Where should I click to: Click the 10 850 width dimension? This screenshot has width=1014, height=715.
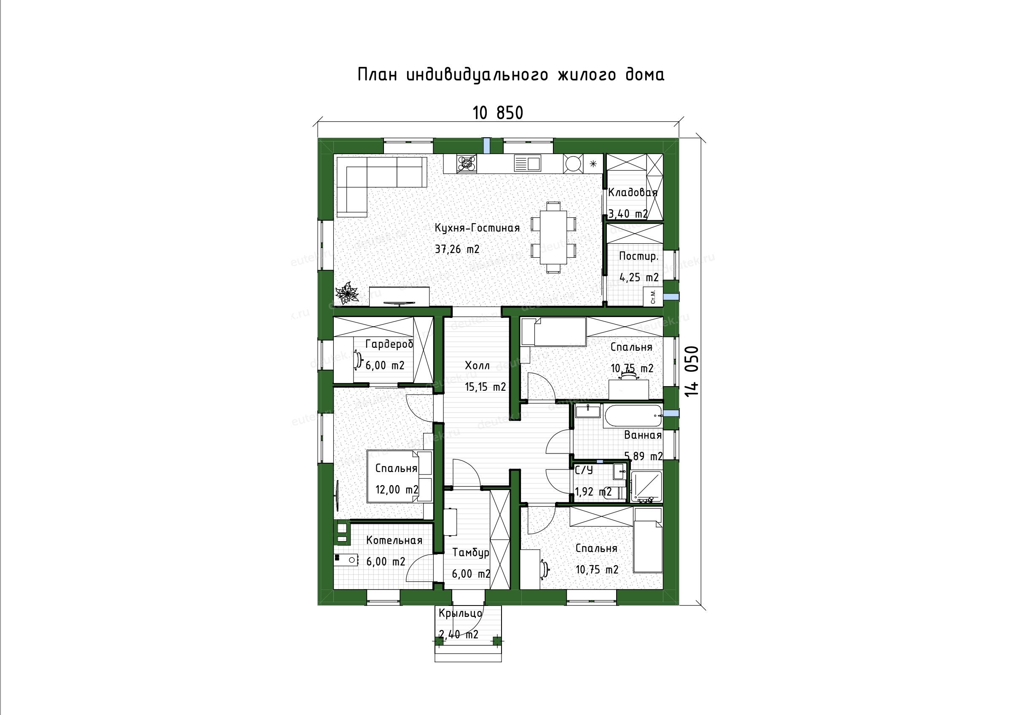point(498,113)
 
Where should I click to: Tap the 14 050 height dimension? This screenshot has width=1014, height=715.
point(692,371)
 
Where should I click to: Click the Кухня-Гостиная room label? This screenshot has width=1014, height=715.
point(477,228)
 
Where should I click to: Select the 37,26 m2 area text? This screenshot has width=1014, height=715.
point(457,249)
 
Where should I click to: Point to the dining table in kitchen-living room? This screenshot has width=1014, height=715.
point(553,239)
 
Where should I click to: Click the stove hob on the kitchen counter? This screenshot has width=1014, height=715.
point(467,163)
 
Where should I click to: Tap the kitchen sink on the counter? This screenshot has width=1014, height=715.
point(527,163)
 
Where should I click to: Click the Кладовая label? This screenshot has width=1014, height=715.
point(633,192)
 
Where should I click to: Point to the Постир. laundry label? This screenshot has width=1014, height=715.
point(638,256)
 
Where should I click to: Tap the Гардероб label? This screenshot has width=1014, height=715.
point(389,344)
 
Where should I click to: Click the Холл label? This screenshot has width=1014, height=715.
point(477,366)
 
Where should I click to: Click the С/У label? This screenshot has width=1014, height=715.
point(584,470)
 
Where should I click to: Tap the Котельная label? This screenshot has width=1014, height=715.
point(394,540)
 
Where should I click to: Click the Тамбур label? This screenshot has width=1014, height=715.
point(471,553)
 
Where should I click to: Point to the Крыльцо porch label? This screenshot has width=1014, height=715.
point(461,614)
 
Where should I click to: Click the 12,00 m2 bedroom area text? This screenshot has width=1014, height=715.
point(397,489)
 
